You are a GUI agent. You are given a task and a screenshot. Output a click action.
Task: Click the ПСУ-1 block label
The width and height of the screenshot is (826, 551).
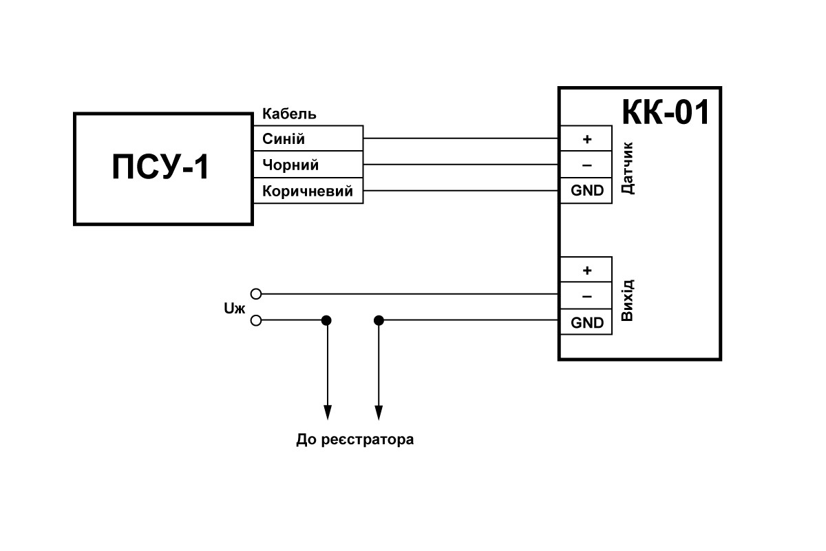(x=160, y=167)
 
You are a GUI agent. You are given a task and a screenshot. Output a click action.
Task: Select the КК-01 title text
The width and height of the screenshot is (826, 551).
(x=665, y=112)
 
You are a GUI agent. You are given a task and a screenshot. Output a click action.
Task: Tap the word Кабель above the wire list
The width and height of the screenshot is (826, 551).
(x=289, y=114)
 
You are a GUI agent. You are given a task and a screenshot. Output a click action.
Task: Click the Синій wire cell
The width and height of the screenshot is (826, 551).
(x=308, y=138)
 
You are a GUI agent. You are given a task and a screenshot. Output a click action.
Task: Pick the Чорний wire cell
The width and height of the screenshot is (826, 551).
(x=308, y=164)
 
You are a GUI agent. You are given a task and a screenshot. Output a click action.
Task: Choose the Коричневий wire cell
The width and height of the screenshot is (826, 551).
(x=308, y=190)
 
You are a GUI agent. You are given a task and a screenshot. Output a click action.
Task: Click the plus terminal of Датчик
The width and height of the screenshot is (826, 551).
(x=586, y=138)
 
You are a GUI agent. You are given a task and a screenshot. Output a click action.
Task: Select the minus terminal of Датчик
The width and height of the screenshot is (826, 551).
(x=586, y=164)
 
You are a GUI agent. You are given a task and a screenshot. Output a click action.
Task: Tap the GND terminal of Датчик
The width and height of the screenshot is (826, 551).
(x=586, y=190)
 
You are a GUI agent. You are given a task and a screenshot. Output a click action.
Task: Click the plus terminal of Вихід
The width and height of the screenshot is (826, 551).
(x=586, y=270)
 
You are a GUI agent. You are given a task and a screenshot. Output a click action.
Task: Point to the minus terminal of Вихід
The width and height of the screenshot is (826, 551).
(x=586, y=295)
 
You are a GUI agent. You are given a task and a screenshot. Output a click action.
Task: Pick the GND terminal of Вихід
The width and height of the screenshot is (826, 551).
(x=586, y=322)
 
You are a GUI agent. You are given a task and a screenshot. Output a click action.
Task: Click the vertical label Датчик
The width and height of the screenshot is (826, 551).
(x=627, y=168)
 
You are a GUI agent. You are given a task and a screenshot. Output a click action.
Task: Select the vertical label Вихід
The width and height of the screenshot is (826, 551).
(x=627, y=300)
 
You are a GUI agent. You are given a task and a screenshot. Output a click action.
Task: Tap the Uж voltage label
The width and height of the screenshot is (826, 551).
(x=234, y=308)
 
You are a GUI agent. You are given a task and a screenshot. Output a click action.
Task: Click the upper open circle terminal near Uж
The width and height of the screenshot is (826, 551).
(x=256, y=294)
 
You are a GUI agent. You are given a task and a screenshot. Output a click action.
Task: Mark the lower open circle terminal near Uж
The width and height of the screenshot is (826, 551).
(x=256, y=320)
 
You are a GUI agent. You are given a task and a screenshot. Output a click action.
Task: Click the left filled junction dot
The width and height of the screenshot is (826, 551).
(x=326, y=320)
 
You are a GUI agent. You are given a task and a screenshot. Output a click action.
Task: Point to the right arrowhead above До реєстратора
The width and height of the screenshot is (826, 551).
(x=379, y=413)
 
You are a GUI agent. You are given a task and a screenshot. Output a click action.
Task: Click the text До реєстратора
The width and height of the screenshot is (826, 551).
(x=354, y=439)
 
